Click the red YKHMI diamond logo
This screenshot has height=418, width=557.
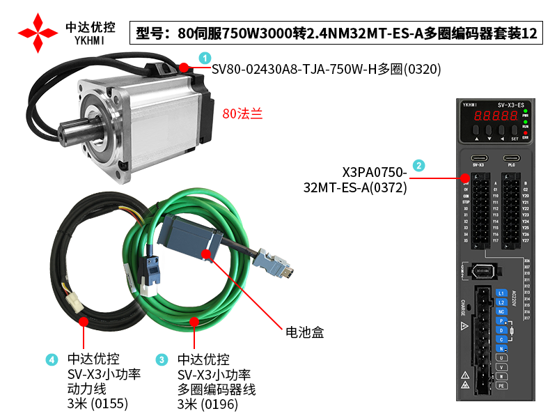click(x=38, y=33)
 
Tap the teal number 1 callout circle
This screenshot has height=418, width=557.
click(x=204, y=57)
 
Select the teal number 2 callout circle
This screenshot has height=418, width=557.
click(x=418, y=166)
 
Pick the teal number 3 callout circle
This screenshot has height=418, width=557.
click(x=162, y=359)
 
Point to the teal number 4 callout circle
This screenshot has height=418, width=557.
click(x=52, y=359)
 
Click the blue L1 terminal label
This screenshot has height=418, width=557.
click(x=501, y=293)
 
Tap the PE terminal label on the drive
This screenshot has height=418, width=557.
click(x=501, y=385)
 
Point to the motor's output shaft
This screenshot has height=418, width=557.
click(x=70, y=132)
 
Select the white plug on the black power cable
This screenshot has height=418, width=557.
click(x=73, y=302)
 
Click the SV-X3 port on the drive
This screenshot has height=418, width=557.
click(x=478, y=157)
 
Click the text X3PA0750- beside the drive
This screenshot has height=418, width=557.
click(x=374, y=172)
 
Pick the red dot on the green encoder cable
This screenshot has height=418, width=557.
click(x=195, y=322)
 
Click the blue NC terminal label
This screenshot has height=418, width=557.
click(x=501, y=311)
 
